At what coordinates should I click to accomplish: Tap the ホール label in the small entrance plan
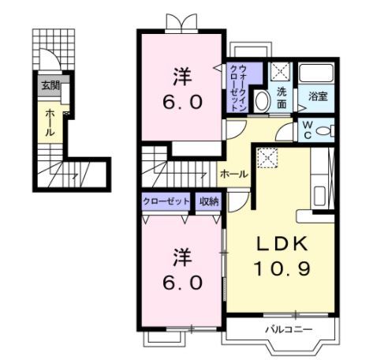[49, 123]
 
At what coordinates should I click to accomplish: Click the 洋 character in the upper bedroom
[182, 77]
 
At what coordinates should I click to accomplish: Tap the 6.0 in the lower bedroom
[182, 281]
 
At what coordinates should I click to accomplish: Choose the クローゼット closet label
[164, 201]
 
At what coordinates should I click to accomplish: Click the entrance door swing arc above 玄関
[50, 61]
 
